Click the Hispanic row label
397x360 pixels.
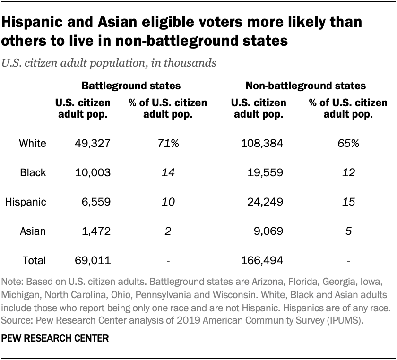[x=26, y=202]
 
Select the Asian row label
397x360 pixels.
[x=33, y=231]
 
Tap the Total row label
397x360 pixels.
[x=34, y=260]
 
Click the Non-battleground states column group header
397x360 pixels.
[x=306, y=86]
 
